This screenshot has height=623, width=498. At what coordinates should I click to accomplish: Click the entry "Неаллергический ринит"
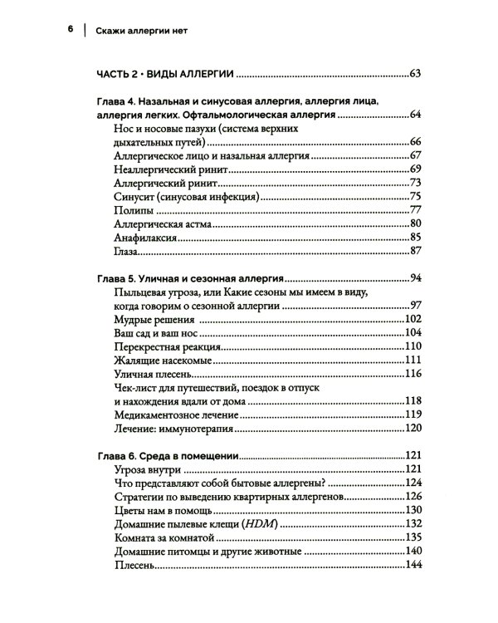click(x=161, y=169)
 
